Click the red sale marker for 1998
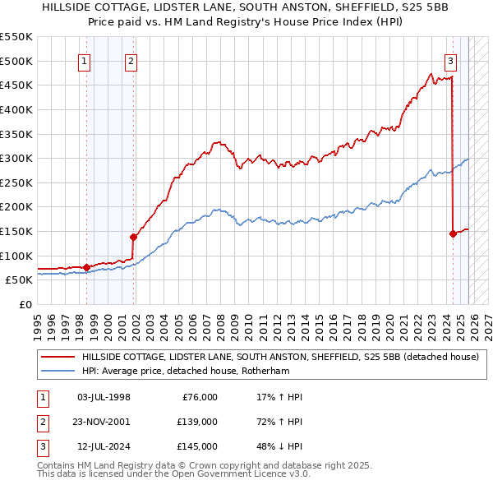[x=86, y=267]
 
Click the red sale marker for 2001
[x=133, y=237]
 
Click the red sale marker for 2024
[x=453, y=233]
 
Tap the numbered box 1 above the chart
[x=85, y=59]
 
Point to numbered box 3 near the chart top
[x=451, y=59]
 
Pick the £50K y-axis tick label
[x=20, y=280]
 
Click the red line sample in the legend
[x=58, y=357]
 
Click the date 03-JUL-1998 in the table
[x=104, y=397]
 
